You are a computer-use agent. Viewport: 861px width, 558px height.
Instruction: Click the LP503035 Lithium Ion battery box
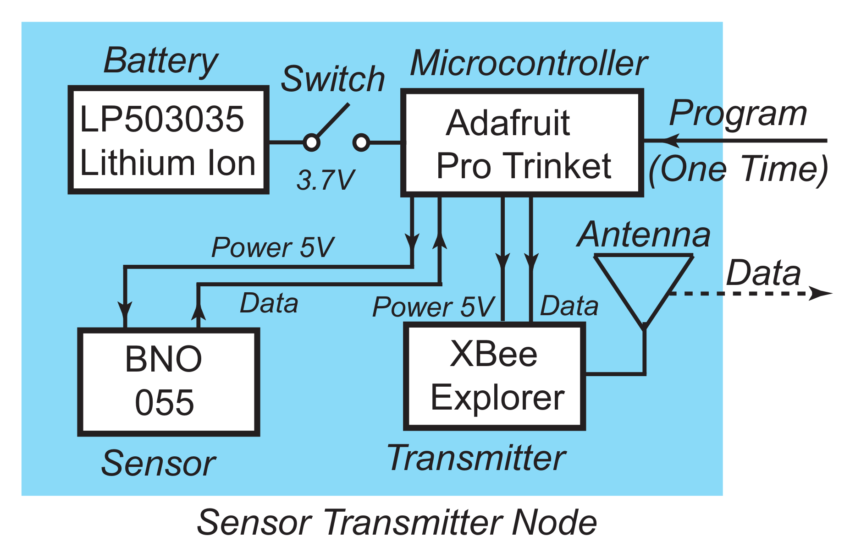(168, 140)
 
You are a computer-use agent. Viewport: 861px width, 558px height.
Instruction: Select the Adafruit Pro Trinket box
(522, 143)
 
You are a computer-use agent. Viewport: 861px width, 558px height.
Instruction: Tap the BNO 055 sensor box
(168, 381)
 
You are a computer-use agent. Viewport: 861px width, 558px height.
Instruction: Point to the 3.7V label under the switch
(325, 180)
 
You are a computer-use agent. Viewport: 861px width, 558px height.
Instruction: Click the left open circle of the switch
(312, 142)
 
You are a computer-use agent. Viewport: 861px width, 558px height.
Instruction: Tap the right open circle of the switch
(361, 142)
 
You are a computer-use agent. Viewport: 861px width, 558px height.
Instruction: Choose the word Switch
(333, 79)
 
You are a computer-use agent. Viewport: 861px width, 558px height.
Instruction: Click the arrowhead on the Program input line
(670, 140)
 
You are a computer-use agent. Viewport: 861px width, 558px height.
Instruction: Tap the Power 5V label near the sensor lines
(272, 247)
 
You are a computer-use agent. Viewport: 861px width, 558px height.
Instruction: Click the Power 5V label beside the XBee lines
(433, 306)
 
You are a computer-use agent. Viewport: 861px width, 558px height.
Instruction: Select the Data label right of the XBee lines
(569, 306)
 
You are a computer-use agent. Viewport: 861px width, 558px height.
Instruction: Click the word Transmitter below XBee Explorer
(476, 458)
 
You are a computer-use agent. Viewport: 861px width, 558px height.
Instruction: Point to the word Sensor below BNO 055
(158, 463)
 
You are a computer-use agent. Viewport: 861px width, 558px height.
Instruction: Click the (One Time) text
(738, 170)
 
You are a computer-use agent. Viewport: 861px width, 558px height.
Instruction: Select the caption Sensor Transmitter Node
(397, 522)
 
